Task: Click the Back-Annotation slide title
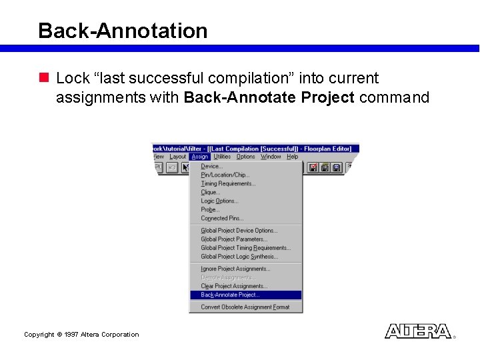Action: (123, 31)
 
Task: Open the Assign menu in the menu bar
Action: (199, 157)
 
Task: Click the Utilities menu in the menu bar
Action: (222, 157)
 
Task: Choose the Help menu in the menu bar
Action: (292, 157)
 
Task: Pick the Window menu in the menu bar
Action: (271, 157)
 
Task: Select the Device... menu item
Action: (212, 167)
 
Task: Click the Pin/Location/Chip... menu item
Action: (224, 175)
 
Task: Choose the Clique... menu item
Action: (211, 193)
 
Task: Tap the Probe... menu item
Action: (210, 210)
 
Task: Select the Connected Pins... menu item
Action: (222, 219)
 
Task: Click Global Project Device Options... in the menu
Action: (239, 231)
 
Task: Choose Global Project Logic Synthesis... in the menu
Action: (239, 257)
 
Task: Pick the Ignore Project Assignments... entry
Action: (235, 269)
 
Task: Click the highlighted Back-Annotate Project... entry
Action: (230, 295)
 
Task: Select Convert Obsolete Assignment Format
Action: (245, 307)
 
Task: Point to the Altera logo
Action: (418, 331)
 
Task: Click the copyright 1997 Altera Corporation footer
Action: (81, 335)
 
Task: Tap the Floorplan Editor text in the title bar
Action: (331, 148)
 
